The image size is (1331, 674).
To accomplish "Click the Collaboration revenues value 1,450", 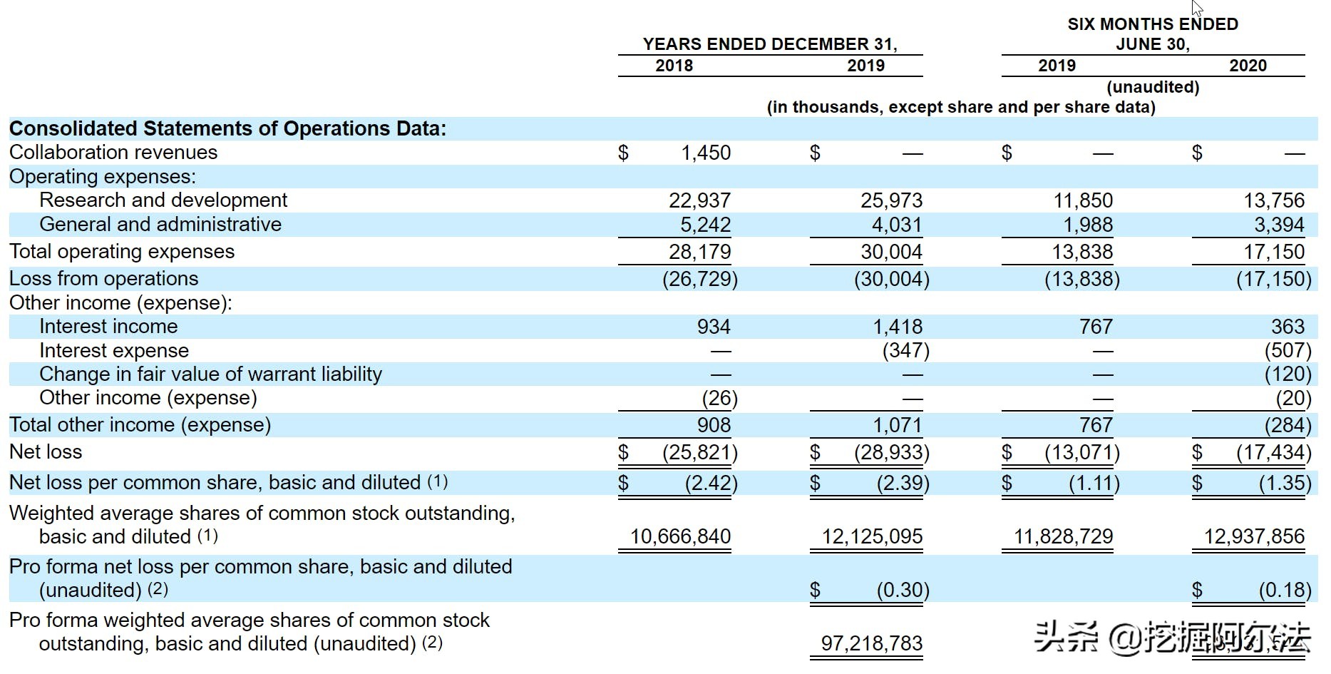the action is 706,153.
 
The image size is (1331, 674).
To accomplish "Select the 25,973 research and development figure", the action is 891,200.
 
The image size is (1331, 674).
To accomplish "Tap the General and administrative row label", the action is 160,224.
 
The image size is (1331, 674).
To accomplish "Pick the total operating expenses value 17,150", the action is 1274,252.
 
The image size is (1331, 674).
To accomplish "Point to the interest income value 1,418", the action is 898,327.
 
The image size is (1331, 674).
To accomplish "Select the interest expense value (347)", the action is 905,350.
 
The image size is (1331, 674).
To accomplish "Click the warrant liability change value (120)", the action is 1288,374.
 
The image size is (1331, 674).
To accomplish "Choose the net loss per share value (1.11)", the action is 1094,484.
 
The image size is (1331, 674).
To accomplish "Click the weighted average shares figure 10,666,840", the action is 680,536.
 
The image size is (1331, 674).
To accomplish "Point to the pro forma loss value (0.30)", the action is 903,590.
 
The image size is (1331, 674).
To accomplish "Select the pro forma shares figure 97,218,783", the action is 872,643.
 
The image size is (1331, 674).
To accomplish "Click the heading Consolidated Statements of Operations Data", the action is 227,128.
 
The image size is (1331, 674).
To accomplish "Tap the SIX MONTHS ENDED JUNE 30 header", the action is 1153,34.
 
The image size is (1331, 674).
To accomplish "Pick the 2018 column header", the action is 674,66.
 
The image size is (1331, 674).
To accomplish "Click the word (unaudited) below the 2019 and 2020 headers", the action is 1153,87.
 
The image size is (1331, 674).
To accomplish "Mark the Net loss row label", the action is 46,451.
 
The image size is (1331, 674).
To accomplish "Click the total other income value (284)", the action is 1288,425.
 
